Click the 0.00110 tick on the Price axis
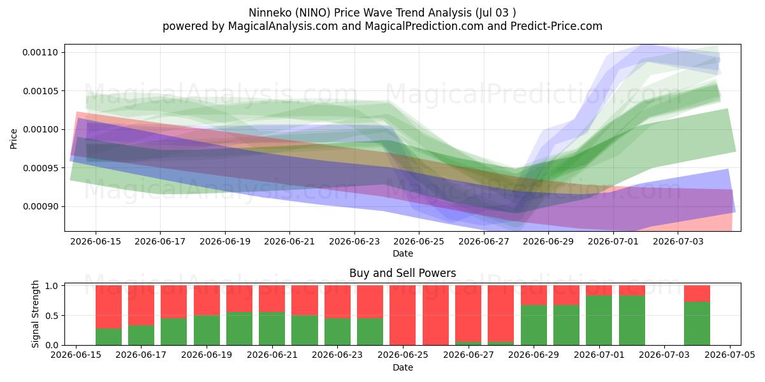coord(40,52)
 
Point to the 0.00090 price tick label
coord(40,207)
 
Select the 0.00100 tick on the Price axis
coord(40,130)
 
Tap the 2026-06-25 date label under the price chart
coord(419,241)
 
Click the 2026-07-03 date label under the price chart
coord(678,241)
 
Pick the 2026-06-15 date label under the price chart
coord(96,241)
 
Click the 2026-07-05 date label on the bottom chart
coord(730,355)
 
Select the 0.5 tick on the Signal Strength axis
coord(52,316)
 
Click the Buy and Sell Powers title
coord(403,273)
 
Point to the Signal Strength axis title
coord(35,314)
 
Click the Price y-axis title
coord(13,139)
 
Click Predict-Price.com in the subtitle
coord(557,26)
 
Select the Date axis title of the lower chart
coord(403,367)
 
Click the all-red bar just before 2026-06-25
coord(403,315)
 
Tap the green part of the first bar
coord(108,337)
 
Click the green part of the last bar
coord(697,323)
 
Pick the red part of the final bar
coord(697,294)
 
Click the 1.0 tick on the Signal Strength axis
coord(52,286)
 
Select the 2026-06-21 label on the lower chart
coord(272,355)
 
